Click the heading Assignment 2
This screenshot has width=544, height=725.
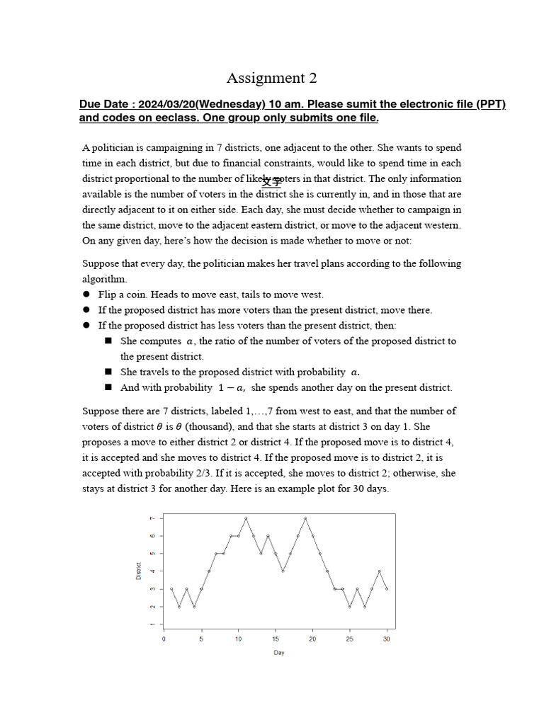pos(271,78)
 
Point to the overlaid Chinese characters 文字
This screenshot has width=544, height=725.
pos(271,181)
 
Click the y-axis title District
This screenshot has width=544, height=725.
pos(138,571)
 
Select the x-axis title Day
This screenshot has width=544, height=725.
pos(278,653)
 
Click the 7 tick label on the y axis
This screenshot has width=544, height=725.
pos(151,518)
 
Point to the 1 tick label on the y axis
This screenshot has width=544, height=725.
pos(151,624)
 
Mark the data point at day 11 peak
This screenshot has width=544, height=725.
pos(246,518)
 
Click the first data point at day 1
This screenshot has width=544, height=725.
pos(171,589)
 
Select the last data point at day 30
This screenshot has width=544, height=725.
pos(387,589)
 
